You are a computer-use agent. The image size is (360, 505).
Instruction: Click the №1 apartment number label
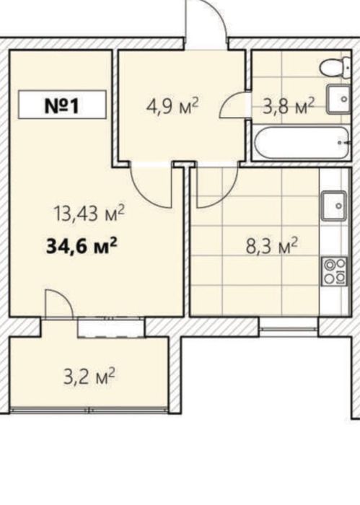[62, 105]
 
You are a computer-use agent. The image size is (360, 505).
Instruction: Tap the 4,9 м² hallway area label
[172, 105]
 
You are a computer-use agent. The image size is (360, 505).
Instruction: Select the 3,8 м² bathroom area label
[288, 106]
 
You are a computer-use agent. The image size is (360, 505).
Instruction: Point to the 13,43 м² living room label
[89, 214]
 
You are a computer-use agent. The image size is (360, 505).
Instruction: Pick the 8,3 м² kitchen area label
[271, 246]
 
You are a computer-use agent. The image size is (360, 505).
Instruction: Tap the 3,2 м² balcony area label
[89, 377]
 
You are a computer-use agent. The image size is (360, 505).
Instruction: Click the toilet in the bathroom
[335, 67]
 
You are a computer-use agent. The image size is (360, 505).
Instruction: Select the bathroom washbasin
[338, 100]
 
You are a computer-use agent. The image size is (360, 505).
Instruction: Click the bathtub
[302, 143]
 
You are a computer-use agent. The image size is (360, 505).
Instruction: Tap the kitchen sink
[335, 206]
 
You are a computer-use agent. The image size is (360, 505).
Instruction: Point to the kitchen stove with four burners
[335, 271]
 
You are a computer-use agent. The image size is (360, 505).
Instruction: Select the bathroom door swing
[232, 105]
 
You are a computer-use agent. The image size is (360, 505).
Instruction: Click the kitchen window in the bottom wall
[289, 328]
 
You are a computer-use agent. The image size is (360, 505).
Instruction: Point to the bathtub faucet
[344, 142]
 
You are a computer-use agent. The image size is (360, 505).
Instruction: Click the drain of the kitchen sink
[339, 206]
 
